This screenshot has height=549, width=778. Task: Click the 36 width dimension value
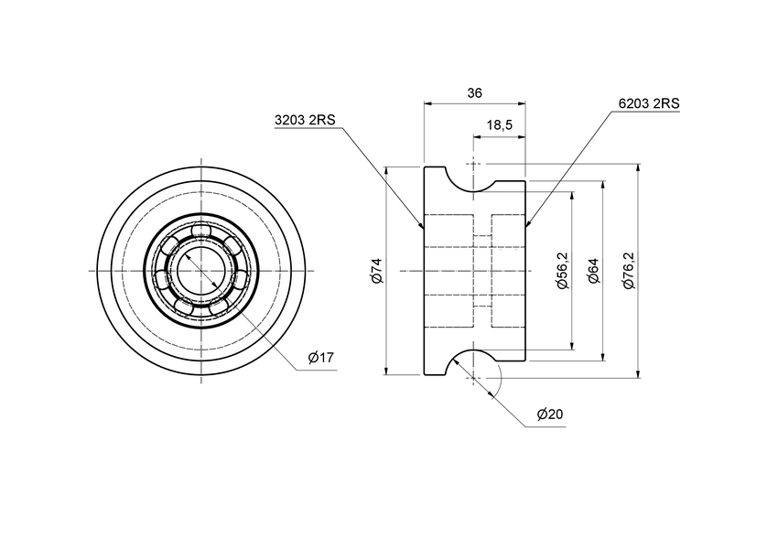474,92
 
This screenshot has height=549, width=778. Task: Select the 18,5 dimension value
499,125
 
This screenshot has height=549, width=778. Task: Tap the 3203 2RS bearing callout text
306,120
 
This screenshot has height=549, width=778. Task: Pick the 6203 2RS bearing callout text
648,103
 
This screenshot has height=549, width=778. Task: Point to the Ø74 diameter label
375,271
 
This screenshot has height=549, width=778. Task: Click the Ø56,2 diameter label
561,271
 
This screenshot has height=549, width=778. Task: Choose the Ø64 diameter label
592,271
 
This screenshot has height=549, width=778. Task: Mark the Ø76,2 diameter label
628,271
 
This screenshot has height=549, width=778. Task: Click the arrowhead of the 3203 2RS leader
421,225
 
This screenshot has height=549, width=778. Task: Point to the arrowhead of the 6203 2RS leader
528,223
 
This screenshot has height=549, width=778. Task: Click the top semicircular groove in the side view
473,179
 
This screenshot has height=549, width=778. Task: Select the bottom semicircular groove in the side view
473,362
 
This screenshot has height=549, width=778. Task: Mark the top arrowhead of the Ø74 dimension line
386,171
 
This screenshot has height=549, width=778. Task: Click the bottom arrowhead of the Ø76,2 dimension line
638,371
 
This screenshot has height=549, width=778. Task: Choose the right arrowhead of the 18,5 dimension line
522,138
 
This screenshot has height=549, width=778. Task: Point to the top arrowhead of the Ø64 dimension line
603,185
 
